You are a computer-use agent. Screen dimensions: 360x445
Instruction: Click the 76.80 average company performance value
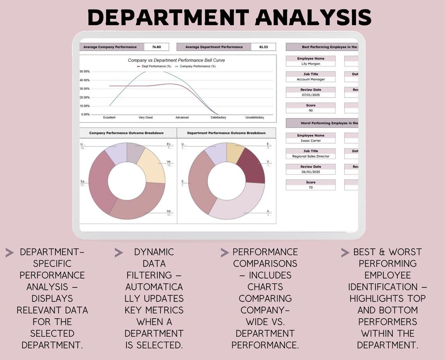pos(157,47)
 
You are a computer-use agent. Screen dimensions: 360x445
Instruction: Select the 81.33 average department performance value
pos(263,47)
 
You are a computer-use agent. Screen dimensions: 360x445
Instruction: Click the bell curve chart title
pos(176,60)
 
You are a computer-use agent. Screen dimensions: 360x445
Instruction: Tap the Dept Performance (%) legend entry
pos(154,66)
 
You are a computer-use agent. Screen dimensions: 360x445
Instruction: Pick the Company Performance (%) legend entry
pos(195,66)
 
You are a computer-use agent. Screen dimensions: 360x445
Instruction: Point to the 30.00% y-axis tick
pos(85,89)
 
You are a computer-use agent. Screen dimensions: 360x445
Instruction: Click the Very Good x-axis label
pos(146,117)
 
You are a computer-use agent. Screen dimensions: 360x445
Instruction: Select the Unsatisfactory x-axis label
pos(255,117)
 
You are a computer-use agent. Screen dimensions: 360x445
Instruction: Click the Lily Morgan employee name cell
pos(310,64)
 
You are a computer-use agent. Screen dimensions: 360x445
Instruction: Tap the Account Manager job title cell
pos(310,80)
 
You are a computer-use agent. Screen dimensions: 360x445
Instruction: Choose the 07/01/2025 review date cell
pos(310,95)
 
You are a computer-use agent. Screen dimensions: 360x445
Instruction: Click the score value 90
pos(310,111)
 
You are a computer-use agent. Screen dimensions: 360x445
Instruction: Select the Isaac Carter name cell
pos(310,141)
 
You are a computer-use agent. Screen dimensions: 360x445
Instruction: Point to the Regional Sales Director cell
pos(310,156)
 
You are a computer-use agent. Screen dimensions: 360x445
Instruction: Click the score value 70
pos(310,188)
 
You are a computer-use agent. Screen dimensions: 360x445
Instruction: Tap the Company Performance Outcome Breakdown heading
pos(126,133)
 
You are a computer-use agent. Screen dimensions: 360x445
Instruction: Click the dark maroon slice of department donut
pos(252,166)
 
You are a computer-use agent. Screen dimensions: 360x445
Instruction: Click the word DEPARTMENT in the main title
pos(168,18)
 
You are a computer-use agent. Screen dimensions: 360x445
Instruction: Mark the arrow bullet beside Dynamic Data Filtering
pos(119,253)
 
